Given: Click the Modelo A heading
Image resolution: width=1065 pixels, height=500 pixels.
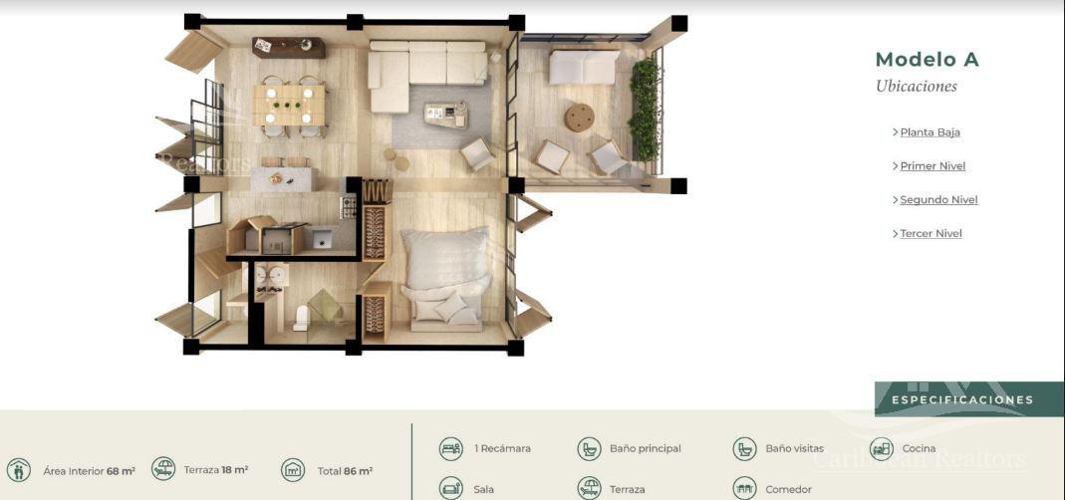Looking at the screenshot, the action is click(x=928, y=60).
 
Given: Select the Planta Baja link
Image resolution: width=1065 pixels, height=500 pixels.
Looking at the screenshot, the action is click(x=930, y=132).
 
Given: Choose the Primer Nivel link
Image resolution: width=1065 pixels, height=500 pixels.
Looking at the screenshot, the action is click(x=932, y=166).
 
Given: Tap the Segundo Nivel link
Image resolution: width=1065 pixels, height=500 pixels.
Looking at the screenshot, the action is click(x=938, y=200).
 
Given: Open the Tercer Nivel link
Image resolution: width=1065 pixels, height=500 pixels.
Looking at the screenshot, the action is click(x=931, y=234).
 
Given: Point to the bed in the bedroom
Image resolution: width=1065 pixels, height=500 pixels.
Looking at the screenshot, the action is click(x=445, y=280).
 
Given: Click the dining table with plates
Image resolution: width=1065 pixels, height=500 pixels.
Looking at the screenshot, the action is click(x=289, y=105).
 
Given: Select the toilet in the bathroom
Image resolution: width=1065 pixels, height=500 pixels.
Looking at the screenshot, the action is click(x=301, y=318).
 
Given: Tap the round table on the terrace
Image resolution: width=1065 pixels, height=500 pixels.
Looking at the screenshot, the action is click(x=579, y=118).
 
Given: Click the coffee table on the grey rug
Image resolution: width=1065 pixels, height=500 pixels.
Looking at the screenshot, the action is click(x=445, y=115).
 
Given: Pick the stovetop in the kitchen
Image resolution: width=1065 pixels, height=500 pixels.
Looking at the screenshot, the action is click(x=348, y=207).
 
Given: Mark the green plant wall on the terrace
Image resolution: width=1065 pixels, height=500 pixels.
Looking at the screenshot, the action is click(x=644, y=109).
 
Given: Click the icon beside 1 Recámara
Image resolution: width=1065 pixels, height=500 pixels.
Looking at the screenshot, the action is click(x=451, y=449).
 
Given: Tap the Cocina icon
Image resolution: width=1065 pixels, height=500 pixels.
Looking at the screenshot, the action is click(x=881, y=449).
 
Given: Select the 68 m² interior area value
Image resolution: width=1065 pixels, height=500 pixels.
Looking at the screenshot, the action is click(x=121, y=471).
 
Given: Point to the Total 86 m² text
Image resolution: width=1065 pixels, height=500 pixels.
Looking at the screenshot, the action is click(x=345, y=471).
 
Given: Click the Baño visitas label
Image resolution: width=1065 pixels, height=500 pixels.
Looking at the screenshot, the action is click(x=795, y=449).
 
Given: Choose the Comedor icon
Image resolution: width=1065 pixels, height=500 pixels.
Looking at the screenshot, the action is click(x=744, y=488).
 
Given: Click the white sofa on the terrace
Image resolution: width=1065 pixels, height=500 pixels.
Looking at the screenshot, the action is click(x=584, y=67).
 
